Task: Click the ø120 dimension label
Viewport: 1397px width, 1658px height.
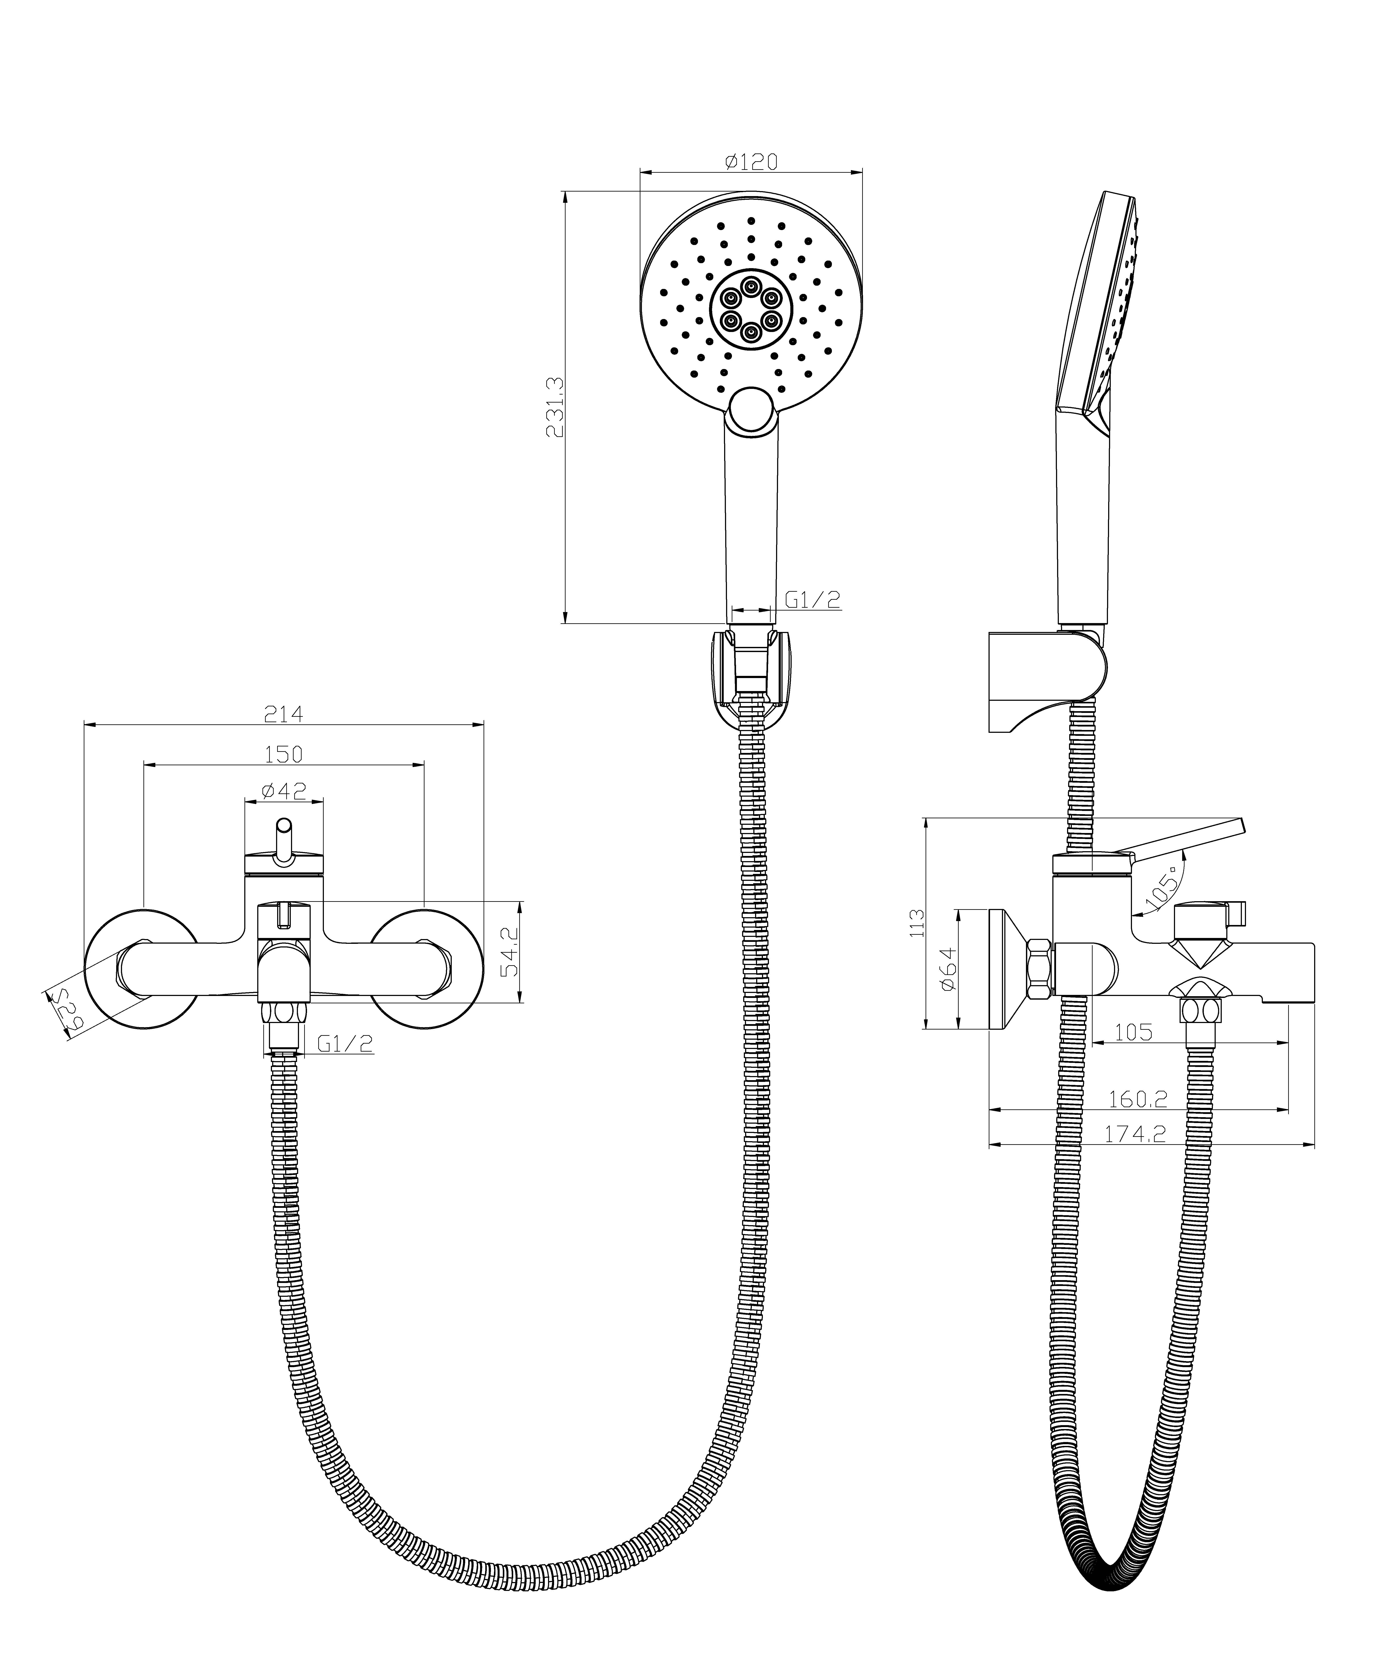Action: point(751,162)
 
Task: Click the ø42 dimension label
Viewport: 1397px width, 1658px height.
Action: point(283,791)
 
